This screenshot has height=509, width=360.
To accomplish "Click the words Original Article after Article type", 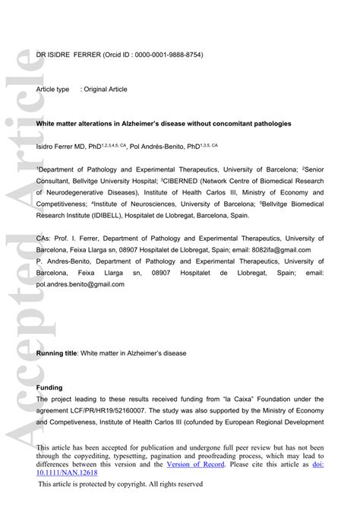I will [x=106, y=89].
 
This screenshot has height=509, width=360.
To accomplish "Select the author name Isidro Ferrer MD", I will [x=61, y=145].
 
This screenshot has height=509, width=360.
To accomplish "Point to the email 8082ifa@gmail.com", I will [x=295, y=250].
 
